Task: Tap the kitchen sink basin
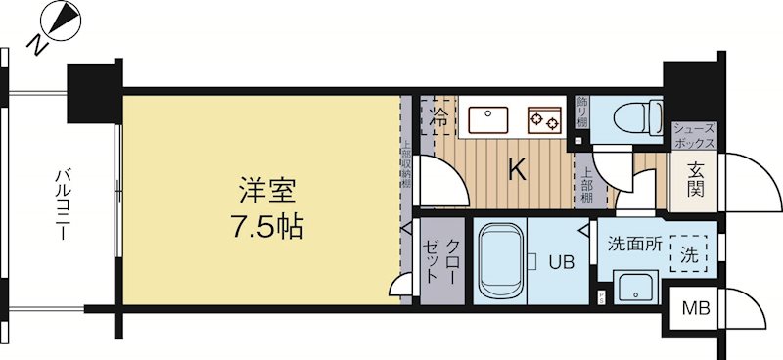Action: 485,119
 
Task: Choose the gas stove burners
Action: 544,119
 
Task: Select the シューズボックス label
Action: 695,135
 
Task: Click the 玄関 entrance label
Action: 695,180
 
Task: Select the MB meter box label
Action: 695,311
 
